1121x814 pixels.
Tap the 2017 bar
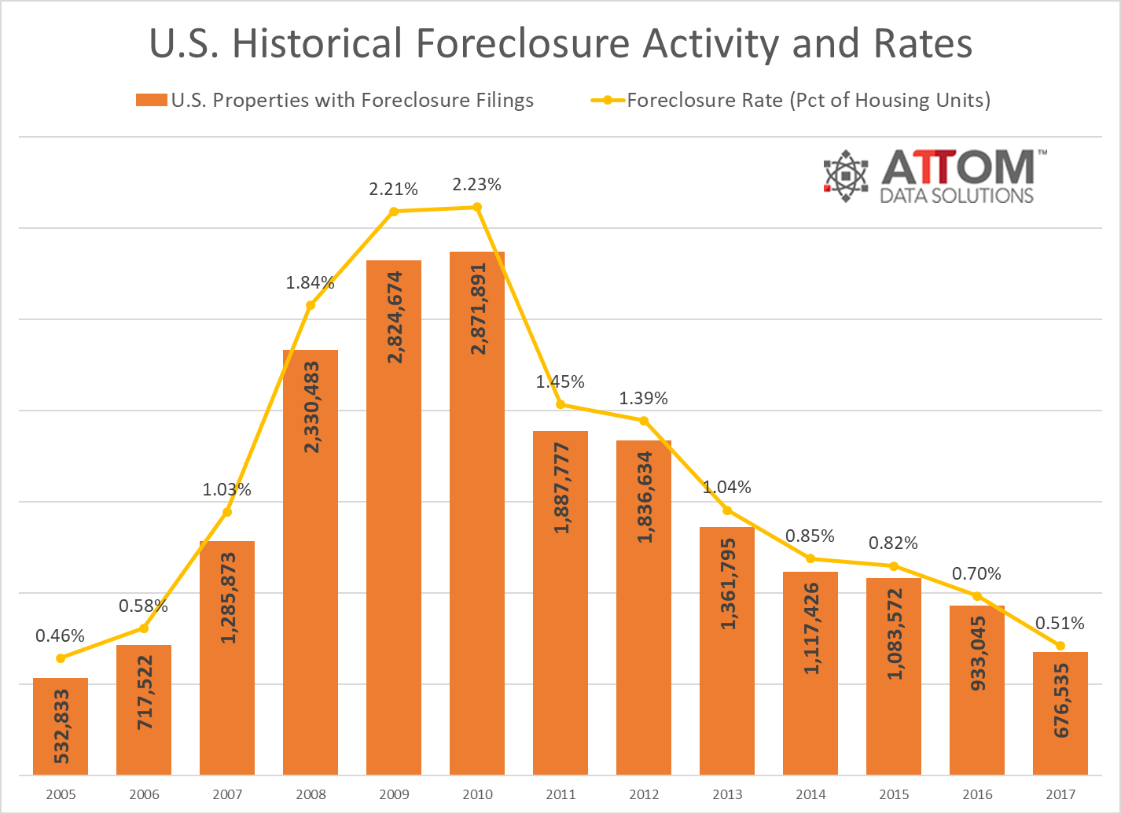point(1060,713)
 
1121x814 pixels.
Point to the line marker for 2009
point(394,212)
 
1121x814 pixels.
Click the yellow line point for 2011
point(560,404)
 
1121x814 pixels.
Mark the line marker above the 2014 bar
point(810,558)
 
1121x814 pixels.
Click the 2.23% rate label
point(476,185)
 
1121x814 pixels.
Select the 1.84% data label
point(310,283)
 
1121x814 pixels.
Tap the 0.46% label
point(60,635)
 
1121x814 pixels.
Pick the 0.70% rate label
point(976,574)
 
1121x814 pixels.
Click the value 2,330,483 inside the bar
point(311,407)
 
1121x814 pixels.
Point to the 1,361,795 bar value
point(728,584)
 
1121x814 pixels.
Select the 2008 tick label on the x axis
point(311,794)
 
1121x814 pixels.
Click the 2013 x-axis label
point(727,794)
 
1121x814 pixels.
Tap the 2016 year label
point(977,794)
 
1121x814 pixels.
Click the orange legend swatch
point(151,101)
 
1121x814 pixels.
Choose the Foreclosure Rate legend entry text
point(808,101)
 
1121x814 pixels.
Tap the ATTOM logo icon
point(846,175)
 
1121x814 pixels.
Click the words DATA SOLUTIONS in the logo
point(956,195)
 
